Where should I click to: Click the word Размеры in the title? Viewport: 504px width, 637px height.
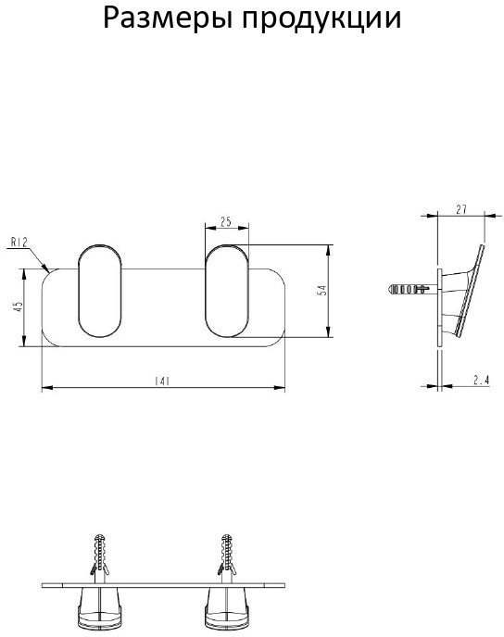[169, 19]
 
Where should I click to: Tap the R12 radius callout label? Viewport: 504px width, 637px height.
[19, 243]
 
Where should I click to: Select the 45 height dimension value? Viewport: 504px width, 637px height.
[18, 306]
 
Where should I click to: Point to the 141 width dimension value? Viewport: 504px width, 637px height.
[162, 381]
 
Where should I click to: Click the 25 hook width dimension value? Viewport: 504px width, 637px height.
[225, 222]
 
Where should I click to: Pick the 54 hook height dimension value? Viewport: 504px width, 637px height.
[321, 291]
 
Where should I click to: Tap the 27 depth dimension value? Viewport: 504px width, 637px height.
[461, 209]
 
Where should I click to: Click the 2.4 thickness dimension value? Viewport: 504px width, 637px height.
[481, 381]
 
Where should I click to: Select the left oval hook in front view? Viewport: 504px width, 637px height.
[99, 291]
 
